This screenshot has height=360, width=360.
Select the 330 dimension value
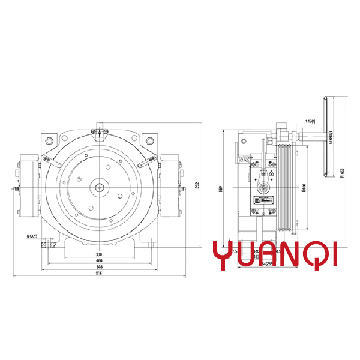tap(98, 254)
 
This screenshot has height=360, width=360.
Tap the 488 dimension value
tap(98, 260)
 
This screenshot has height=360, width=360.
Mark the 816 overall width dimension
tap(98, 273)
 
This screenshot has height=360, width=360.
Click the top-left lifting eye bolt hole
tap(48, 140)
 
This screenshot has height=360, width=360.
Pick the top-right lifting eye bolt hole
tap(148, 140)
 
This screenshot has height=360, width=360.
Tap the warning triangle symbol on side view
tap(271, 174)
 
